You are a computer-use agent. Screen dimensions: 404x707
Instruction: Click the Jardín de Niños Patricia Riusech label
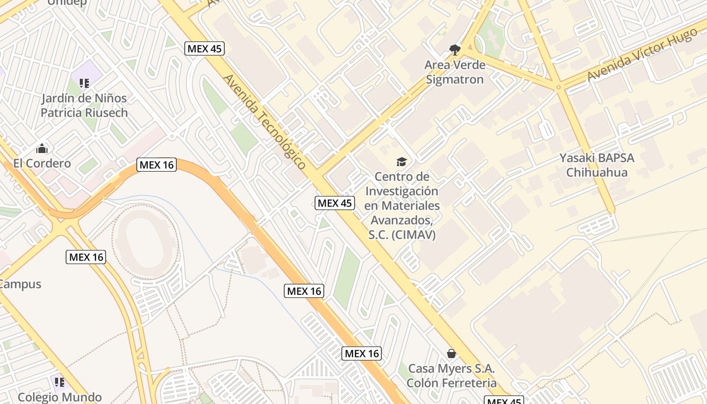(84, 105)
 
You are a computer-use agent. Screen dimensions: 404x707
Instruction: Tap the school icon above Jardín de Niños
(84, 83)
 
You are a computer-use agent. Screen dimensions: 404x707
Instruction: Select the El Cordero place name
(42, 163)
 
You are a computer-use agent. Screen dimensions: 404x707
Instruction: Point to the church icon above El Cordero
(42, 148)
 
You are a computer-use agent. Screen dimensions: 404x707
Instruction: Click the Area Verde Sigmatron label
(454, 72)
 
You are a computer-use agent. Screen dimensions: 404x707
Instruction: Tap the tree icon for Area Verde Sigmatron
(454, 49)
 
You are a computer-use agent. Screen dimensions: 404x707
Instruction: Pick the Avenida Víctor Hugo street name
(641, 55)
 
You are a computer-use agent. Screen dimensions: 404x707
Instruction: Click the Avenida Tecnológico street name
(264, 122)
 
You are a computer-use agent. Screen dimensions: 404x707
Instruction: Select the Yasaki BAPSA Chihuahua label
(596, 165)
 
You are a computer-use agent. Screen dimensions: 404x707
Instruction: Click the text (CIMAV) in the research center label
(415, 235)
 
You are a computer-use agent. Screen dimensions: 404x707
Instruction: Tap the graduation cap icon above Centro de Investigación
(401, 162)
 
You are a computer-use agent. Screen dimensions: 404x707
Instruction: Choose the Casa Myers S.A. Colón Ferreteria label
(451, 375)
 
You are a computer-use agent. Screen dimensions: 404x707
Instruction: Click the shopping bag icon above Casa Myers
(451, 353)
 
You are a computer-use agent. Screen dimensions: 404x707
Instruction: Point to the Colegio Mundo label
(60, 397)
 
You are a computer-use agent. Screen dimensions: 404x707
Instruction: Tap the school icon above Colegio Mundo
(60, 382)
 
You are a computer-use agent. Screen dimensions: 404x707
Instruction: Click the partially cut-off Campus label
(20, 284)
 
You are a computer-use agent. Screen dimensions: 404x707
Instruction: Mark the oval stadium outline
(145, 242)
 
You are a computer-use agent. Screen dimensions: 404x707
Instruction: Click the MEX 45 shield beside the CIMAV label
(335, 203)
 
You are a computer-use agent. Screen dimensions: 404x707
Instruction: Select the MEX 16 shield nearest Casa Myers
(361, 353)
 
